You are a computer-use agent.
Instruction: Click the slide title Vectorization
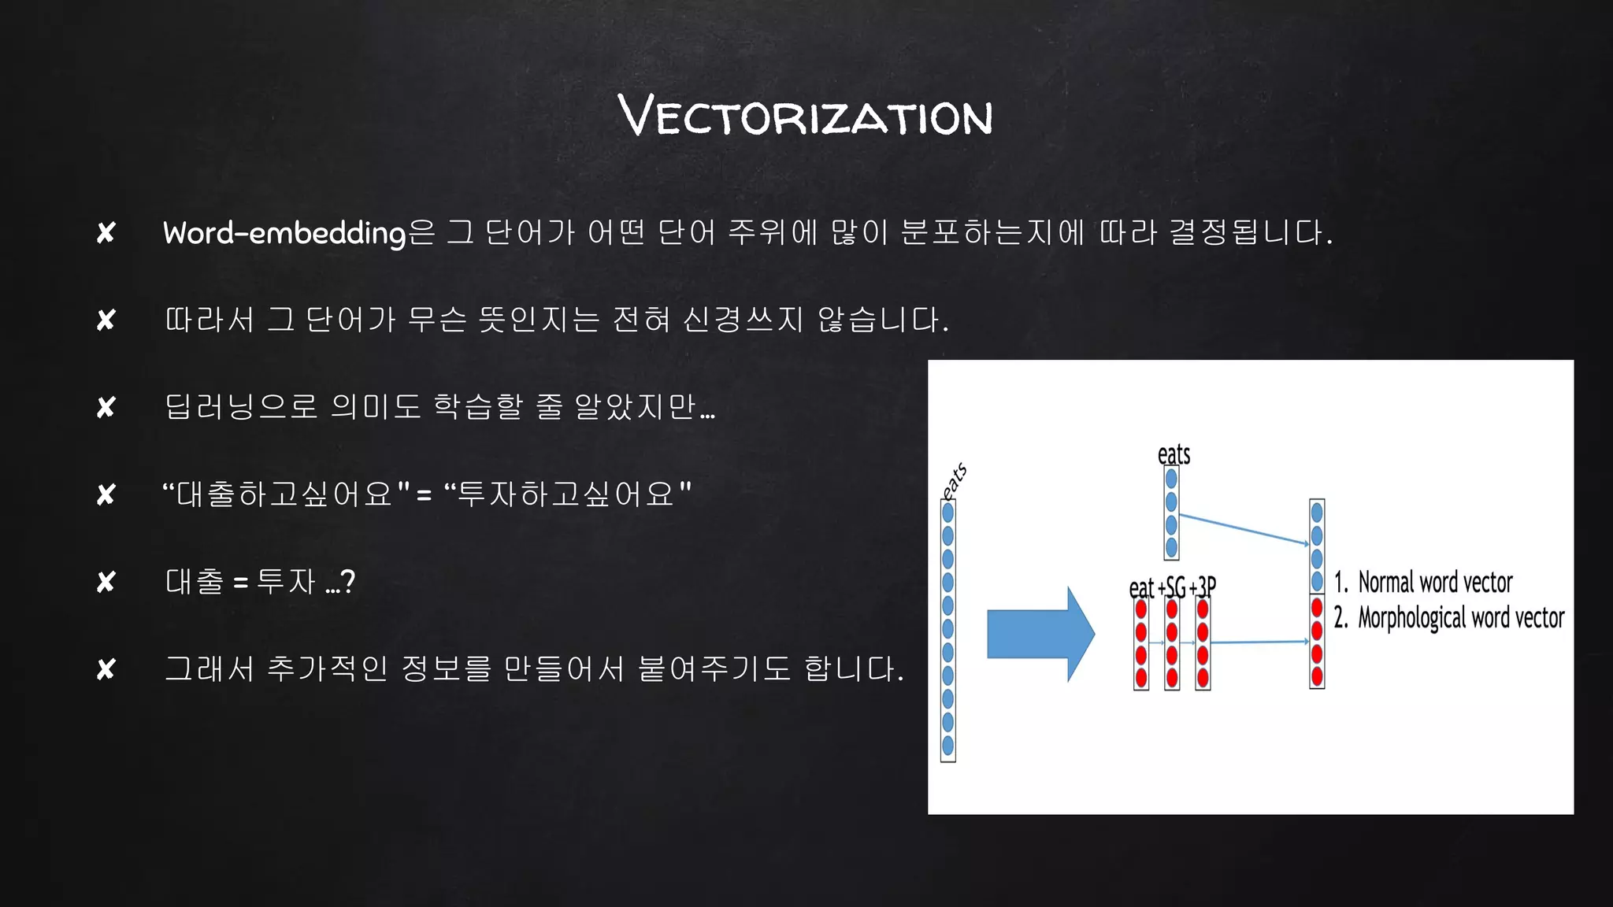click(805, 115)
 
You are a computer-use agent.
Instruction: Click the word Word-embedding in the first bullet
click(284, 233)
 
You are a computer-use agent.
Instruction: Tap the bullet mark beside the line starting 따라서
click(106, 320)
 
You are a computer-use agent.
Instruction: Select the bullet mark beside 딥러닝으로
click(106, 408)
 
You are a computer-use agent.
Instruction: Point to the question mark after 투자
click(348, 583)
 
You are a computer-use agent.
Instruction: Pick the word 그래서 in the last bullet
click(209, 669)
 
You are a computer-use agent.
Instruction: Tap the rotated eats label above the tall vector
click(955, 480)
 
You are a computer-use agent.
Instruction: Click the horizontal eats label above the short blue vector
click(1174, 454)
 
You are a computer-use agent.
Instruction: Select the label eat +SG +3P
click(1172, 587)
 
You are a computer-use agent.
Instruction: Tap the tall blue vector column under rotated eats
click(948, 630)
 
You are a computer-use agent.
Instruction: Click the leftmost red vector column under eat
click(1141, 643)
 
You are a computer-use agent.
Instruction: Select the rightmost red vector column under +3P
click(1203, 643)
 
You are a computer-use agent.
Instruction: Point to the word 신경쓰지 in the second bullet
click(743, 320)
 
